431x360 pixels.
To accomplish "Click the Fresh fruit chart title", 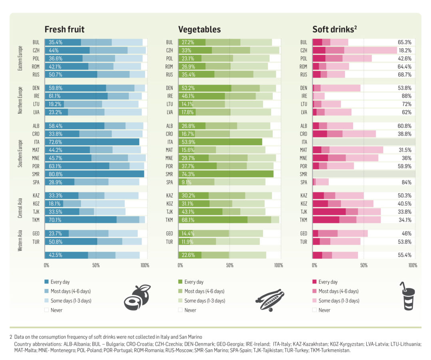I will (x=64, y=30).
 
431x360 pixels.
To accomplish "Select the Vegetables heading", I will (x=199, y=30).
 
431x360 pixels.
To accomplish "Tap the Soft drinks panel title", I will (x=334, y=30).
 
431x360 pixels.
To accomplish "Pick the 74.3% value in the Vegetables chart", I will (x=188, y=174).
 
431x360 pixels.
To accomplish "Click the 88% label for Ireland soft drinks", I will (x=406, y=96).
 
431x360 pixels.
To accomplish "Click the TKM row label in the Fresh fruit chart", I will (x=35, y=220).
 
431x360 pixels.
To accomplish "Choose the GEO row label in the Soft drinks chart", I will (x=303, y=234).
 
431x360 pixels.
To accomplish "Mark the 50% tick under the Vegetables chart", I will (x=229, y=265).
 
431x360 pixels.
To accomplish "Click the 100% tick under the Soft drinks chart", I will (x=413, y=265).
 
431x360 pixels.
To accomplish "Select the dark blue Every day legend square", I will (x=47, y=282).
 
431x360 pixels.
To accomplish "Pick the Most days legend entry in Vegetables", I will (x=204, y=291).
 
